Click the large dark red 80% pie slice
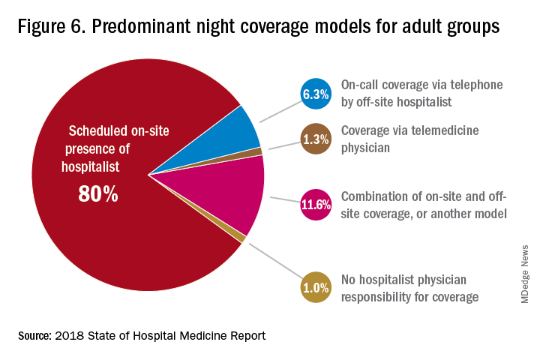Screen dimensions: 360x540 pyautogui.click(x=112, y=240)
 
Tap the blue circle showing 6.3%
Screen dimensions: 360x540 pyautogui.click(x=316, y=94)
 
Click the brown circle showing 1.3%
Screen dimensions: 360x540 pyautogui.click(x=316, y=139)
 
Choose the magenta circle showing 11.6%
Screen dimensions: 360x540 pyautogui.click(x=316, y=205)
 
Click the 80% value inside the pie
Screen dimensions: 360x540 pyautogui.click(x=98, y=194)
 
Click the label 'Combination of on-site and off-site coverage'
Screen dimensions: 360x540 pyautogui.click(x=424, y=204)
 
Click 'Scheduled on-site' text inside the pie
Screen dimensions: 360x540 pyautogui.click(x=119, y=131)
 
